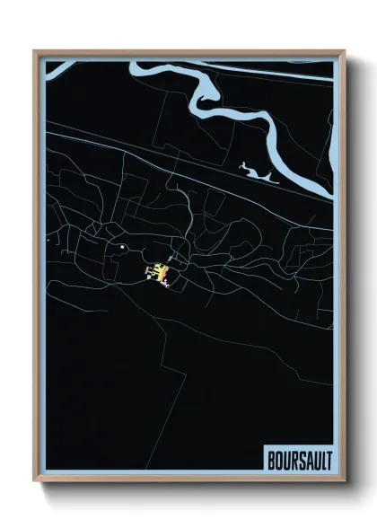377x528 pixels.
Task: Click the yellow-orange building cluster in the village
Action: click(x=156, y=271)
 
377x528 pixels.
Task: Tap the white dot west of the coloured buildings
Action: click(x=121, y=247)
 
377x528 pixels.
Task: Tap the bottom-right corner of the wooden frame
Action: click(x=343, y=481)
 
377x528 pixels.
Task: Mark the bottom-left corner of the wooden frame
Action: click(x=35, y=481)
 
